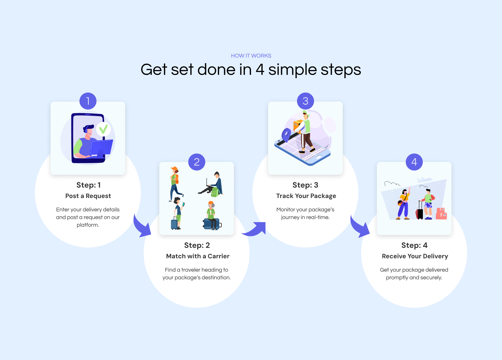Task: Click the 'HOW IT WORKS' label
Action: [x=251, y=56]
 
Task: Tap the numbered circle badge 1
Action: [x=88, y=101]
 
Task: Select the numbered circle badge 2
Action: [x=197, y=162]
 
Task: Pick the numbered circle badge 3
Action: [x=305, y=101]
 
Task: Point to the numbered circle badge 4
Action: [x=414, y=162]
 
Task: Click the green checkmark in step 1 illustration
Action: [x=103, y=129]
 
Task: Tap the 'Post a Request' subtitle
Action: [x=88, y=196]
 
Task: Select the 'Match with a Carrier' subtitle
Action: [x=198, y=256]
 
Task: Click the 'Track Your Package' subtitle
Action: [x=306, y=196]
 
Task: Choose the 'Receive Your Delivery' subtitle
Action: [x=415, y=256]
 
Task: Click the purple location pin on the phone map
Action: [x=286, y=135]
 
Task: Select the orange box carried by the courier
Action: [x=298, y=126]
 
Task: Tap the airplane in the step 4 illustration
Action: [x=424, y=180]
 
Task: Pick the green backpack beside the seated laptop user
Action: [x=215, y=192]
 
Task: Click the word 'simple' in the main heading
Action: [x=292, y=70]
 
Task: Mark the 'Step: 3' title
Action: [x=305, y=185]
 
